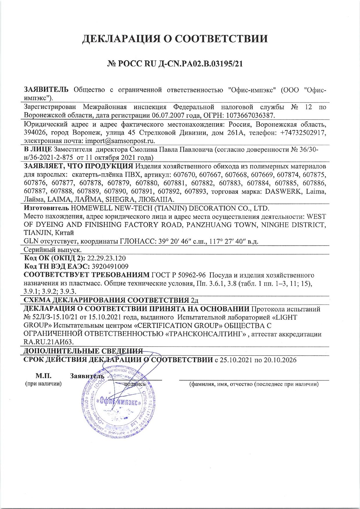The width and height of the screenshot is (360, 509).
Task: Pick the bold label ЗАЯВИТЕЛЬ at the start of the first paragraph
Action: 46,90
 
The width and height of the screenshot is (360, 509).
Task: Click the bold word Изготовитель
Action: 46,208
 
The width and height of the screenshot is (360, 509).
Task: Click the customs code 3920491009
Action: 110,266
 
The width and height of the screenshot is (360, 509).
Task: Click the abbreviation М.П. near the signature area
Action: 44,376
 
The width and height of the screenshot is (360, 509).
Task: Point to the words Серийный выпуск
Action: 53,250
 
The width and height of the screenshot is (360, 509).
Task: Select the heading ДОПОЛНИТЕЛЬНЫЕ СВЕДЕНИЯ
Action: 83,351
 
